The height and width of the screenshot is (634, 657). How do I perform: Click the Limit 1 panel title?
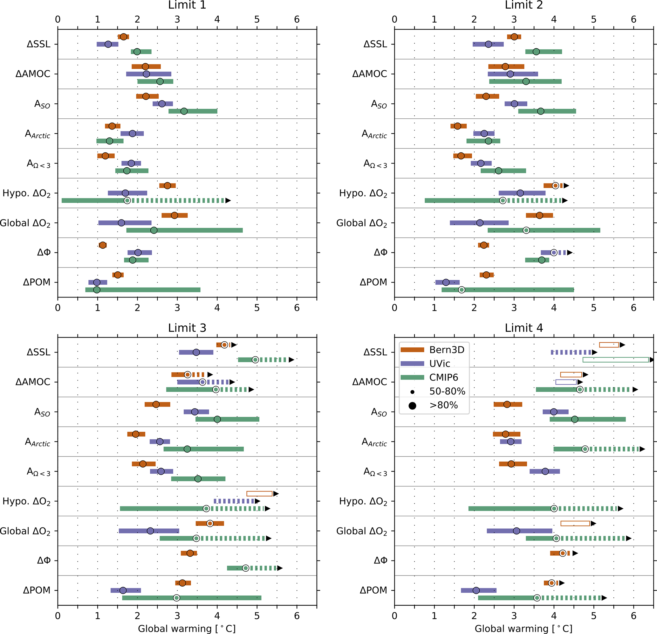pos(187,5)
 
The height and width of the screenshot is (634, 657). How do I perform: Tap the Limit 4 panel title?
pos(524,328)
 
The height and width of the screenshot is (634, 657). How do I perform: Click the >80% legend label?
pos(443,405)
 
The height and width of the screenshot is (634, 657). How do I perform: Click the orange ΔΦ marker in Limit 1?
pos(103,245)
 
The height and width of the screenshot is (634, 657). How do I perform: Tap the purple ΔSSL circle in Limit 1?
pos(108,44)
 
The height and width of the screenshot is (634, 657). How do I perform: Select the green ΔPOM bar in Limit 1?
pos(143,290)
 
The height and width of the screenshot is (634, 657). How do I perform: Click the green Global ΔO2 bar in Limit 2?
pos(544,230)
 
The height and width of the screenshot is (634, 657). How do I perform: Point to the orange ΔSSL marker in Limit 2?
pos(514,37)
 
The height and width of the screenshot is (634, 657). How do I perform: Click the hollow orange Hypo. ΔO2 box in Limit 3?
pos(259,493)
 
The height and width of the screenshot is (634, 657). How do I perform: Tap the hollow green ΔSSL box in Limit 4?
pos(616,359)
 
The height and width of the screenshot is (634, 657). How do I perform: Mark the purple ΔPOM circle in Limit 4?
pos(476,590)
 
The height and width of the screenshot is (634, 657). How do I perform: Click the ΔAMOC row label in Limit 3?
pos(33,382)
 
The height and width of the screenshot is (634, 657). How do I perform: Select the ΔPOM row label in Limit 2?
pos(373,282)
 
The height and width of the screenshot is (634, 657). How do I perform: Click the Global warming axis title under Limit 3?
pos(187,628)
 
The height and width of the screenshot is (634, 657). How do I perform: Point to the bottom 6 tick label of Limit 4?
pos(633,616)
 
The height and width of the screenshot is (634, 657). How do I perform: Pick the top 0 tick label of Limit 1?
pos(58,19)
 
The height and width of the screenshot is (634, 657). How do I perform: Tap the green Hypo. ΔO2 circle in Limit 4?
pos(554,509)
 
